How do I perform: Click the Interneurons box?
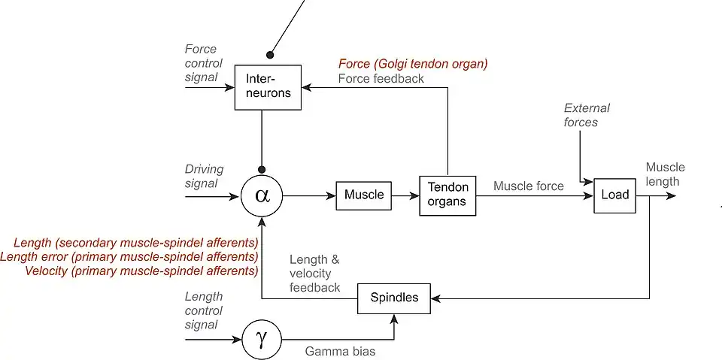(262, 87)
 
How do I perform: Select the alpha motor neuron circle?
(262, 196)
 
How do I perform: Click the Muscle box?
(364, 195)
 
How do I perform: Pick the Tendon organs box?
(447, 195)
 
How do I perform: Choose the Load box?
(614, 195)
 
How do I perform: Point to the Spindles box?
(394, 298)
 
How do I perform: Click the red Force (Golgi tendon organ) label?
(413, 64)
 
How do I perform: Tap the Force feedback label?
(381, 78)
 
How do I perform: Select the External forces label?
(587, 115)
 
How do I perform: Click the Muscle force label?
(528, 186)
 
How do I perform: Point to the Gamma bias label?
(340, 351)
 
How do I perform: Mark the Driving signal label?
(202, 177)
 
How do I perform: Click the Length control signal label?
(204, 310)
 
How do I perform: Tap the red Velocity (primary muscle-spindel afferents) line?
(142, 271)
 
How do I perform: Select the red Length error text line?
(129, 256)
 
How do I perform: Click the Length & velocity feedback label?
(314, 273)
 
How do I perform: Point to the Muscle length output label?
(665, 174)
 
